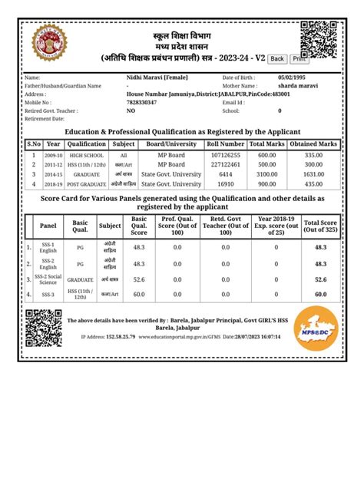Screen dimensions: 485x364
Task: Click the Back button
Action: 277,58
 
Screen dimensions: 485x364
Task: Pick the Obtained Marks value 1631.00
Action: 313,174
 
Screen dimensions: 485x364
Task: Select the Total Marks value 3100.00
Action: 266,174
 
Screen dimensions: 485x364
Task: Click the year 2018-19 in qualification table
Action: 53,184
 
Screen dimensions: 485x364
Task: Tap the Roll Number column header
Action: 226,144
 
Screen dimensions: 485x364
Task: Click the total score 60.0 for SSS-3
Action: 321,293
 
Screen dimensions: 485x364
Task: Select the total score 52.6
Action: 321,279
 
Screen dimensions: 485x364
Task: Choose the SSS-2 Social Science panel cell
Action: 48,279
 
